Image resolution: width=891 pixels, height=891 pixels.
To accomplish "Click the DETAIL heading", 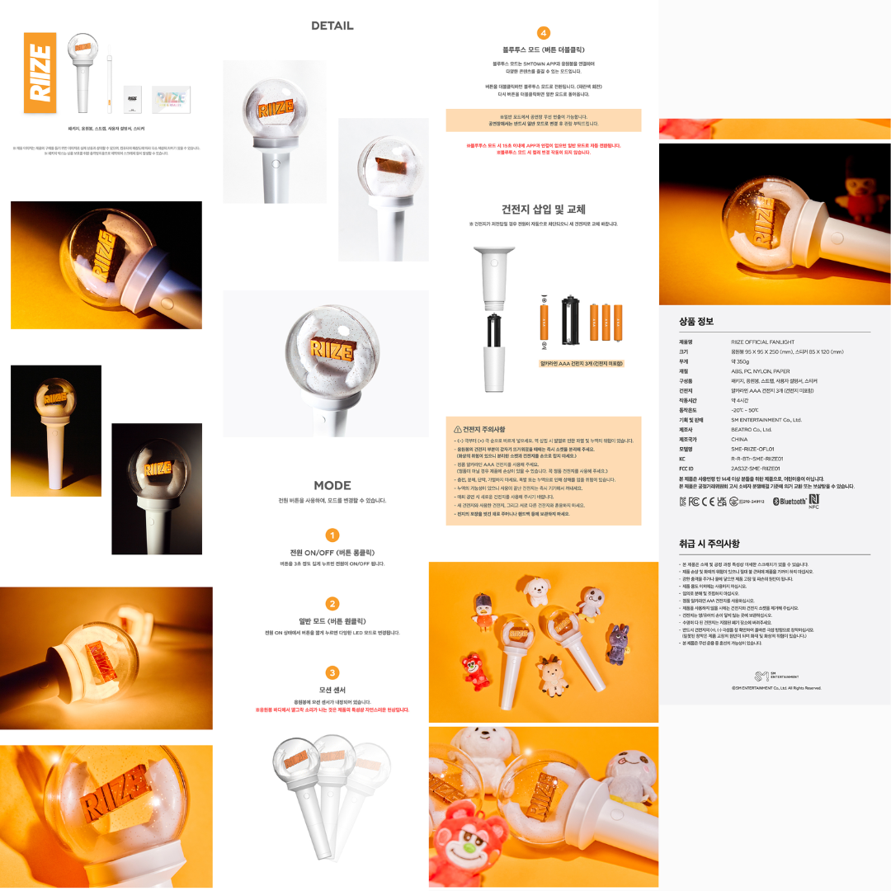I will tap(332, 26).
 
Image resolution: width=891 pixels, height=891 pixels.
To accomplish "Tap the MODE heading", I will tap(332, 485).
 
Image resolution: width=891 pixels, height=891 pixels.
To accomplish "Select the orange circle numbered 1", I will tap(332, 535).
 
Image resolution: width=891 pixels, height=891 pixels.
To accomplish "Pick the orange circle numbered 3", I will tap(332, 672).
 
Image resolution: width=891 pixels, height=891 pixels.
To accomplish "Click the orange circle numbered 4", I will tap(543, 33).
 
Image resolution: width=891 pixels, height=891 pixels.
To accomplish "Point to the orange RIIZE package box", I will tap(41, 78).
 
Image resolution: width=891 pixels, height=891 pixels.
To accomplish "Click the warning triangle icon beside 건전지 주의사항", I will tap(458, 430).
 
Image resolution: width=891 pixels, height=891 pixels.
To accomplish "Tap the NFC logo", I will tap(813, 501).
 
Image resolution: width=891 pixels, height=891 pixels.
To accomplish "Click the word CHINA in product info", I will tap(741, 440).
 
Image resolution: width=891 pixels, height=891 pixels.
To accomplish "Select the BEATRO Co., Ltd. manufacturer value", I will tap(752, 430).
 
